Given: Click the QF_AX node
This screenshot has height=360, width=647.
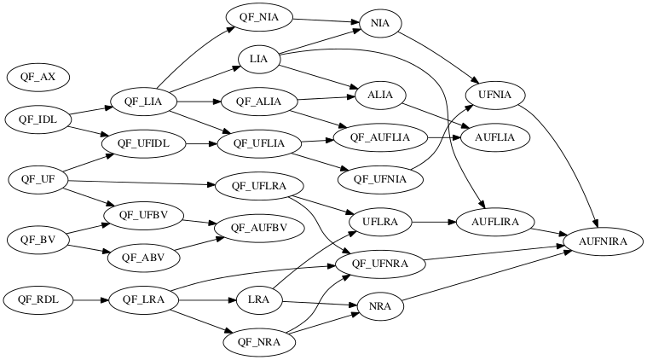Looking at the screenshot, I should pyautogui.click(x=38, y=77).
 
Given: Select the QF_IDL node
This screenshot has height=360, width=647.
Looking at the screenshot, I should pyautogui.click(x=38, y=119).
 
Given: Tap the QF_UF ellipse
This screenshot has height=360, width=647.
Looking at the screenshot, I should pyautogui.click(x=38, y=179).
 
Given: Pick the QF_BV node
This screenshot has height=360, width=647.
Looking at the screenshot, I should pyautogui.click(x=38, y=240).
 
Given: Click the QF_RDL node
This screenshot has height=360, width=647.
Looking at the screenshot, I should pyautogui.click(x=38, y=299).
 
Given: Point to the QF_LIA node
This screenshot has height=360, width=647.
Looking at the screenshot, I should pyautogui.click(x=143, y=102).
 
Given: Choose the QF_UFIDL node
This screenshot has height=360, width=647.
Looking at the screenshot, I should pyautogui.click(x=143, y=143).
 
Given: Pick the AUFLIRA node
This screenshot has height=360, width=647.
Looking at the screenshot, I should pyautogui.click(x=494, y=223).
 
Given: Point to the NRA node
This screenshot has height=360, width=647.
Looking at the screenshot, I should pyautogui.click(x=375, y=306).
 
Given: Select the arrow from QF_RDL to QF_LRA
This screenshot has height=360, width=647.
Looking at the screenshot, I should pyautogui.click(x=90, y=299).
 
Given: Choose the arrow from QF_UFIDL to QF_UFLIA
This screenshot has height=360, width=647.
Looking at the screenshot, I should pyautogui.click(x=200, y=143).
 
